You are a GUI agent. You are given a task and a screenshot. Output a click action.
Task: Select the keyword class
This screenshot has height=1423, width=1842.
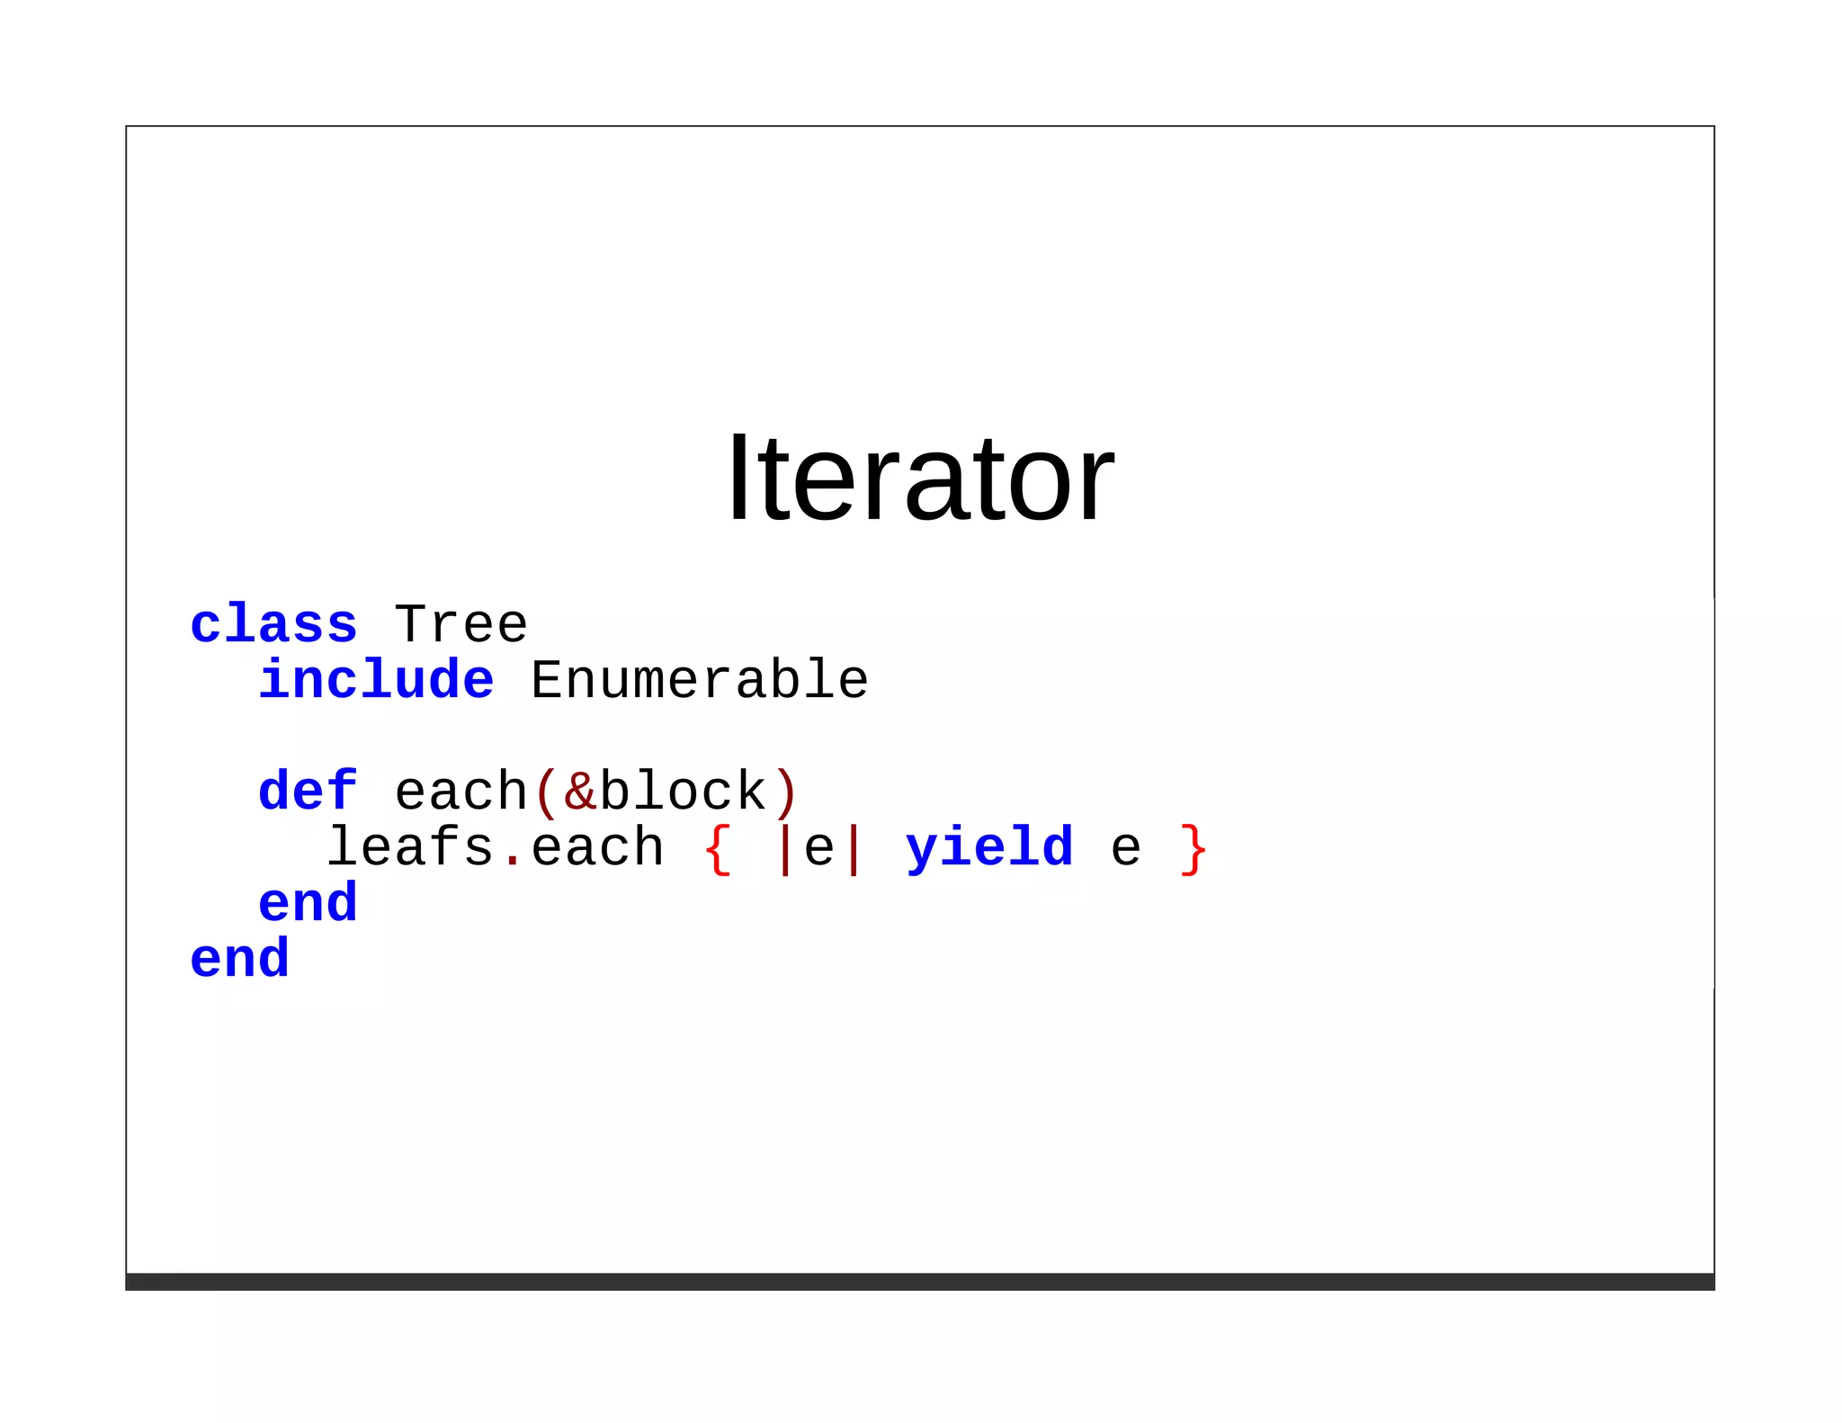tap(273, 624)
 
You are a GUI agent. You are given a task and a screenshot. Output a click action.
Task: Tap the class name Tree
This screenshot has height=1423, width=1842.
tap(460, 624)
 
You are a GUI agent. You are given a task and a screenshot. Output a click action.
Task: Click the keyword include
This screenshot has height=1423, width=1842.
tap(376, 680)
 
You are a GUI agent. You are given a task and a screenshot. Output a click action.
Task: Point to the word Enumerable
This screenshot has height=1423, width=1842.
tap(699, 680)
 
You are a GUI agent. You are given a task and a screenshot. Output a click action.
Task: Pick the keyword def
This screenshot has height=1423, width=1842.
tap(308, 792)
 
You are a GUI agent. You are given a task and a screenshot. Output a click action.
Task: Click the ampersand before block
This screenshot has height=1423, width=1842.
tap(580, 792)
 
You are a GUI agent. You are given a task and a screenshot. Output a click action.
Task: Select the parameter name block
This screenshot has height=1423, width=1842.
tap(683, 792)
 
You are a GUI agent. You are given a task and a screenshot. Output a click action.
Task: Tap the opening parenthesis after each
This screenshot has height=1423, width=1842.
tap(545, 792)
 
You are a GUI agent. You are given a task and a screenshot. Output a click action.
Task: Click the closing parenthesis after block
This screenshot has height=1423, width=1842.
tap(785, 792)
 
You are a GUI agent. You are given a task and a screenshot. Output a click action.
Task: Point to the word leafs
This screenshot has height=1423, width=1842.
tap(410, 847)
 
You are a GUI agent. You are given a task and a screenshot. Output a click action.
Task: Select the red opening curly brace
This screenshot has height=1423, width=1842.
tap(718, 848)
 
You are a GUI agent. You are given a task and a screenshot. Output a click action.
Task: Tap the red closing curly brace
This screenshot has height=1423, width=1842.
tap(1194, 848)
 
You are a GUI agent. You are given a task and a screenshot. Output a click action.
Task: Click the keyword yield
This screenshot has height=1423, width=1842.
tap(989, 848)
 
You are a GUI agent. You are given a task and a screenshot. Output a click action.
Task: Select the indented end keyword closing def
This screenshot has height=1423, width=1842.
tap(308, 903)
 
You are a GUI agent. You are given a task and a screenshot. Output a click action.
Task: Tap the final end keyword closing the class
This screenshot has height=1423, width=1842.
tap(239, 959)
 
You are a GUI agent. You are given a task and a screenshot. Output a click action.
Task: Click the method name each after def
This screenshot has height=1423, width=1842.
tap(460, 792)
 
